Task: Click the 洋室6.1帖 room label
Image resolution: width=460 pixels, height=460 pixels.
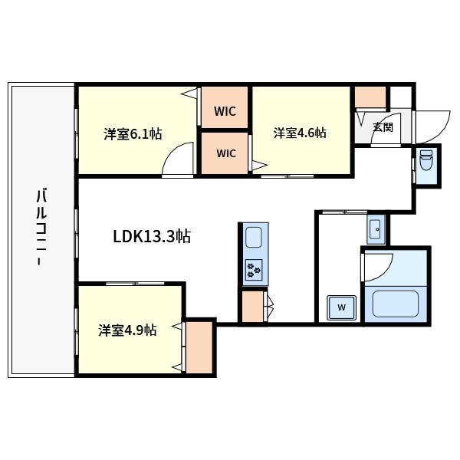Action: point(133,134)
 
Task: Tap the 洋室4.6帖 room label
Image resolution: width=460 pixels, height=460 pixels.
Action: point(300,133)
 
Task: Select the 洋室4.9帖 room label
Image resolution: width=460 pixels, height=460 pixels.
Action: point(127,330)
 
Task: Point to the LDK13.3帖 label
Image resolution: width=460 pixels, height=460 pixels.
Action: point(152,236)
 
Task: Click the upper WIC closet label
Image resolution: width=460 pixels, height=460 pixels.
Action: point(225,111)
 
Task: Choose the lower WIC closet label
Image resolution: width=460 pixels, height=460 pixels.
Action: point(226,153)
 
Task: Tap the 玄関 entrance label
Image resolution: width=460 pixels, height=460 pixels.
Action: point(383,127)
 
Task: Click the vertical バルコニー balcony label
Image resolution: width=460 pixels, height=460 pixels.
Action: point(41,227)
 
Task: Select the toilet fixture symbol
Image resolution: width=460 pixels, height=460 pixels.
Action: point(426,160)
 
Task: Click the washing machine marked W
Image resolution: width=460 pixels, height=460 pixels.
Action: point(341,307)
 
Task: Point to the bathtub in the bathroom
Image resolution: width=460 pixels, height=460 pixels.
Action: point(395,304)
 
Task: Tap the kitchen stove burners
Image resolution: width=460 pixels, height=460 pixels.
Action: point(254,270)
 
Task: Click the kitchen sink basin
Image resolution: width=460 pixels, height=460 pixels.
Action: point(254,237)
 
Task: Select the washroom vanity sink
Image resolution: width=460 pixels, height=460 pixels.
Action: point(376,228)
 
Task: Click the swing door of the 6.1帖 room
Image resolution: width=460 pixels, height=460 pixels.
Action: point(178,159)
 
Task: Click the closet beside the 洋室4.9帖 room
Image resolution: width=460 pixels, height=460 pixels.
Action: point(199,347)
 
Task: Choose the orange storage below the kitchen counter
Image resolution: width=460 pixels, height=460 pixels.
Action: point(252,307)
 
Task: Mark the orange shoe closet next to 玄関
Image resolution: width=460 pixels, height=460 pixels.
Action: point(370,97)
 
